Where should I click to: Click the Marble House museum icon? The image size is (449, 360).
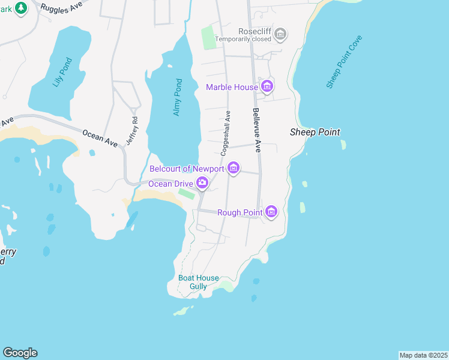268,87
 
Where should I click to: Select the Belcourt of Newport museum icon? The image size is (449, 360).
234,168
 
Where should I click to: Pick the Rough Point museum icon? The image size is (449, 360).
271,212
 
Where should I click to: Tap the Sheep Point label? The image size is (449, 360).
315,132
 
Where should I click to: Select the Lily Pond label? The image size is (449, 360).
62,72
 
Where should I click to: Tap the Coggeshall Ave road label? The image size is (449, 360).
226,133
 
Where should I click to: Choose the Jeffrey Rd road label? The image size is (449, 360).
132,130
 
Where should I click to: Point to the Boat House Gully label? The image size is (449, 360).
198,282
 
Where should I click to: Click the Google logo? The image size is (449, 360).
20,353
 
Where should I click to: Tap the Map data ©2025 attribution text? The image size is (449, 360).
423,355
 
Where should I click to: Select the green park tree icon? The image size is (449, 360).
21,8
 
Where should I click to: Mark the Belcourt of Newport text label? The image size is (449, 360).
186,168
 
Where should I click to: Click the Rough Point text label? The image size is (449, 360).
239,212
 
